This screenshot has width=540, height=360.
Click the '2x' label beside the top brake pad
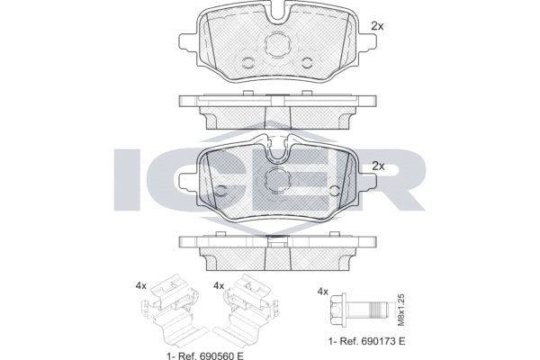click(x=378, y=26)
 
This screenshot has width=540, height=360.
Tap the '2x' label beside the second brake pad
click(x=378, y=166)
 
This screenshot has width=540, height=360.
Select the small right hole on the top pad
click(x=307, y=62)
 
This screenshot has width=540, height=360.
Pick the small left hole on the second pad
click(x=219, y=190)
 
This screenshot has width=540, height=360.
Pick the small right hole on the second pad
click(x=334, y=190)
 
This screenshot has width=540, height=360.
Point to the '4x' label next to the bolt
click(x=323, y=292)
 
